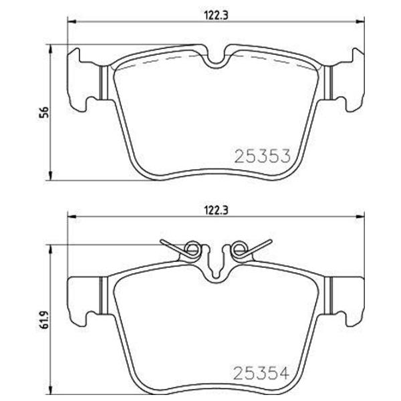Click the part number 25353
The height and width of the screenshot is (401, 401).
[x=261, y=157]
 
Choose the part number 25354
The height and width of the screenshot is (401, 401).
[x=261, y=371]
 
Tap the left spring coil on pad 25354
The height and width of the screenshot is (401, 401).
[x=192, y=249]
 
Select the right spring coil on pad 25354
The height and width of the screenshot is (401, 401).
[x=237, y=249]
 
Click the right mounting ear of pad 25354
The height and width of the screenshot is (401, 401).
[x=347, y=298]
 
